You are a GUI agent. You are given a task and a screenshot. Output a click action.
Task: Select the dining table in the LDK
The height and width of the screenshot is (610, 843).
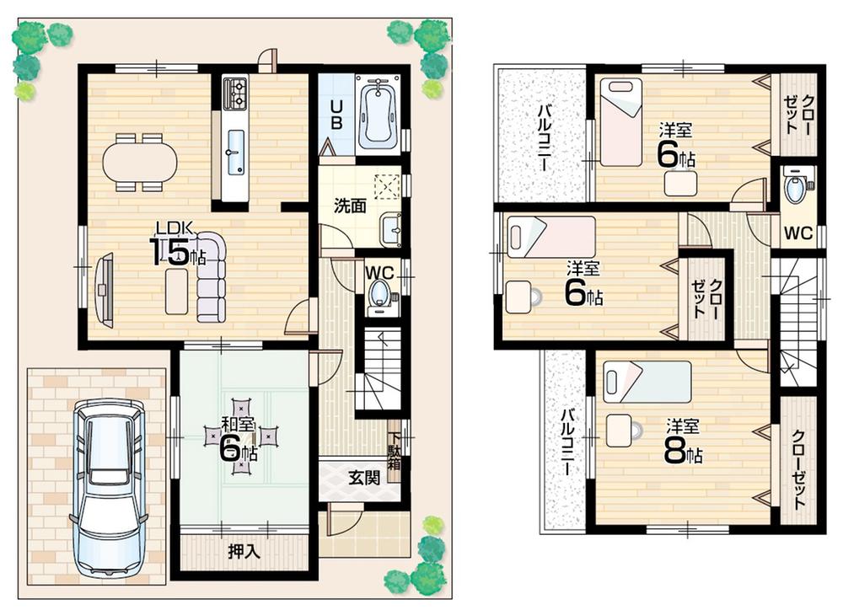coord(141,161)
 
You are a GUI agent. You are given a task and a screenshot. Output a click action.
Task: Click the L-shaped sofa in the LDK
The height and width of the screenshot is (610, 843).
coord(209,278)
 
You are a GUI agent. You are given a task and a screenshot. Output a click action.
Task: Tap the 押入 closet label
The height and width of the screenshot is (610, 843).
coord(244,553)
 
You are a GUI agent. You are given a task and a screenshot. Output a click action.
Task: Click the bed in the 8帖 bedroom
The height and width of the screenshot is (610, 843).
coord(647,382)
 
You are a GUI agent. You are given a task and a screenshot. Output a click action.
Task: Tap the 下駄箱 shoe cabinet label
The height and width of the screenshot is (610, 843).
coord(395,453)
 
